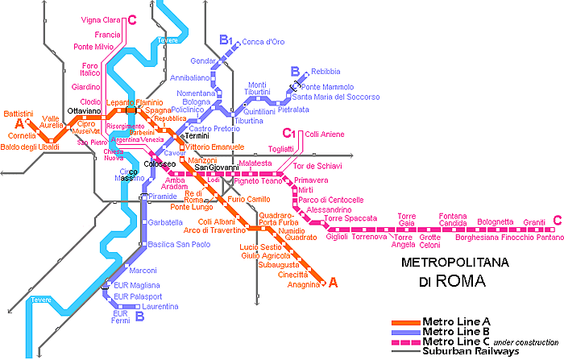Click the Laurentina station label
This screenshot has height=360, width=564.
coord(161,307)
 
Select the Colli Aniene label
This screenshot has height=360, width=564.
coord(323,134)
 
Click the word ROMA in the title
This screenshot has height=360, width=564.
coord(463,283)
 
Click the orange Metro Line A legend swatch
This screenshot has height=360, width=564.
coord(400,322)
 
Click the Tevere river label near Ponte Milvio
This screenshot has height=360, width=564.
coord(168,39)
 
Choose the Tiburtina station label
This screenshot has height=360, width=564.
coord(249,121)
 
